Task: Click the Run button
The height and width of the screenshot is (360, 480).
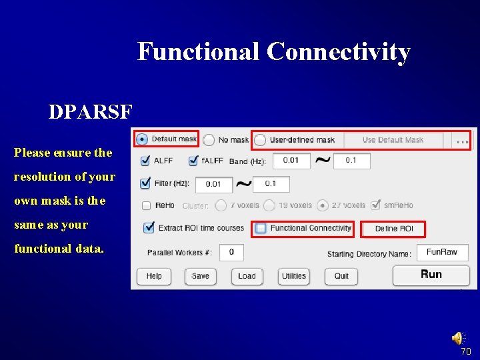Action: click(x=431, y=275)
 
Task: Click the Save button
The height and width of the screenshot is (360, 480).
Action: click(x=200, y=276)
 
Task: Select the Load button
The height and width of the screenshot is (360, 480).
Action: click(x=247, y=276)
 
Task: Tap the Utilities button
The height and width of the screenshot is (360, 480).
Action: click(x=293, y=276)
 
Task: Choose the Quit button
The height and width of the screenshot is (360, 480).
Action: click(x=341, y=276)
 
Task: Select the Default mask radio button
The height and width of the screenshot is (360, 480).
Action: click(x=142, y=139)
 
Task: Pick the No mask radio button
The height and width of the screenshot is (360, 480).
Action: click(x=209, y=140)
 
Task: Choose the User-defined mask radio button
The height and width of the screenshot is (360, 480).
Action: click(x=260, y=140)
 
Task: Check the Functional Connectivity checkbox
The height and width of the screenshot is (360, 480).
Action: click(x=261, y=228)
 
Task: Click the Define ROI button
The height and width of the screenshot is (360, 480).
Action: click(x=393, y=229)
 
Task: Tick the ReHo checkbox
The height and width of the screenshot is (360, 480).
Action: click(x=147, y=206)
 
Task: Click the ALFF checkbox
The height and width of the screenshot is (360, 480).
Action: click(x=146, y=161)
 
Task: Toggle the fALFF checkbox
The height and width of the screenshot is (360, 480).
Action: click(x=194, y=161)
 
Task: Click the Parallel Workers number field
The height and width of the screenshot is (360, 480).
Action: click(x=231, y=253)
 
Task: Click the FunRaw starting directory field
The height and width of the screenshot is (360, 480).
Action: click(x=442, y=253)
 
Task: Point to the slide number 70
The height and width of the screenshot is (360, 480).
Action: click(x=466, y=351)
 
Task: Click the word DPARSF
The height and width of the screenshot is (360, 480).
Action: click(x=90, y=112)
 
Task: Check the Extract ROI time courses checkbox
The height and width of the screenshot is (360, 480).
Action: click(x=149, y=228)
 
